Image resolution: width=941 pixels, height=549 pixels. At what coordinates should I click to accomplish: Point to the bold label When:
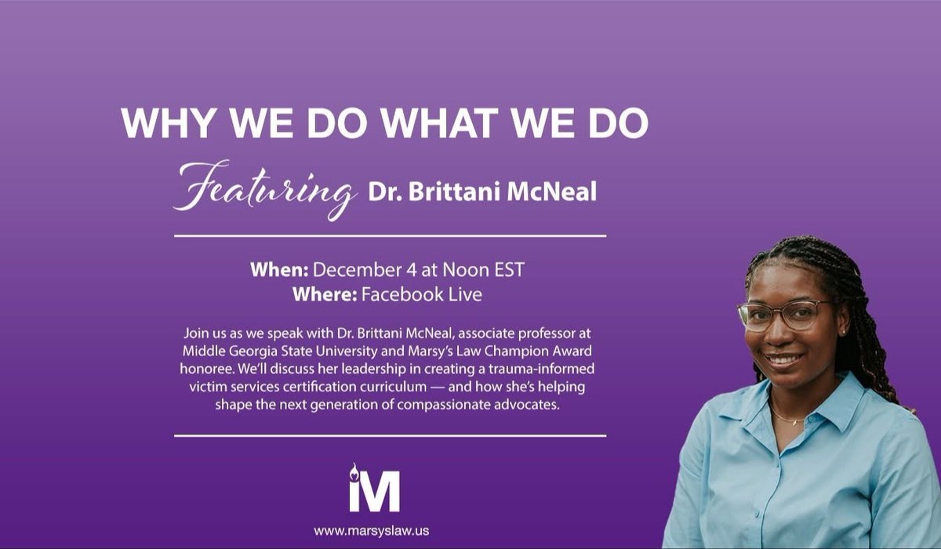pyautogui.click(x=279, y=271)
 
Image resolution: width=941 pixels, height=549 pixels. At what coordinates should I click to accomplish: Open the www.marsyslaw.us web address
pyautogui.click(x=375, y=531)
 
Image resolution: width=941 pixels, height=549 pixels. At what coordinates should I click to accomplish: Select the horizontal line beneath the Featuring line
pyautogui.click(x=390, y=235)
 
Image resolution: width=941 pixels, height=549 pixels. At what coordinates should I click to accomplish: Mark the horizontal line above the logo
pyautogui.click(x=390, y=435)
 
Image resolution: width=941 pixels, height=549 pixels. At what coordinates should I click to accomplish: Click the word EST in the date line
pyautogui.click(x=507, y=271)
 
